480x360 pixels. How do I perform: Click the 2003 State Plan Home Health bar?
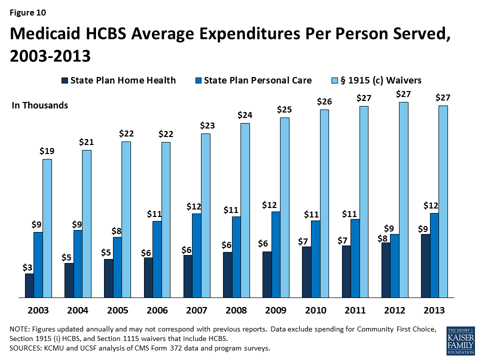[29, 285]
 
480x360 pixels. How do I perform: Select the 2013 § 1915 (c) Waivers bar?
[443, 201]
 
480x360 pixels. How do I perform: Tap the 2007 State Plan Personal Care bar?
[196, 255]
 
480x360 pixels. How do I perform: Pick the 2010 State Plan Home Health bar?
[306, 272]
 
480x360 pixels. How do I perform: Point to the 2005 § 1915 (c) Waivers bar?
[126, 219]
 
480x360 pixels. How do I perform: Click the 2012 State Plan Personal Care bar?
[394, 265]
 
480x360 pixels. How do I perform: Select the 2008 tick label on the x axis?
[236, 310]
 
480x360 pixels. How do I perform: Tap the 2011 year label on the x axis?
[355, 310]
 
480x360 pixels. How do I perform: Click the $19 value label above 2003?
[47, 151]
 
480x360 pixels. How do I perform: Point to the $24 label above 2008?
[244, 115]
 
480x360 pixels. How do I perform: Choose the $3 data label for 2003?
[28, 267]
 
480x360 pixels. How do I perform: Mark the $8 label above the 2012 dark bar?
[383, 238]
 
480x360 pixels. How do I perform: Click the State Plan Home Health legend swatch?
[64, 80]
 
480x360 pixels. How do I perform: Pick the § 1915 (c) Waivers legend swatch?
[334, 80]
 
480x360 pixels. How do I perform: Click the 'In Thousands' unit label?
[39, 105]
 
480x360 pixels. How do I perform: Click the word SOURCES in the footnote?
[26, 348]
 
